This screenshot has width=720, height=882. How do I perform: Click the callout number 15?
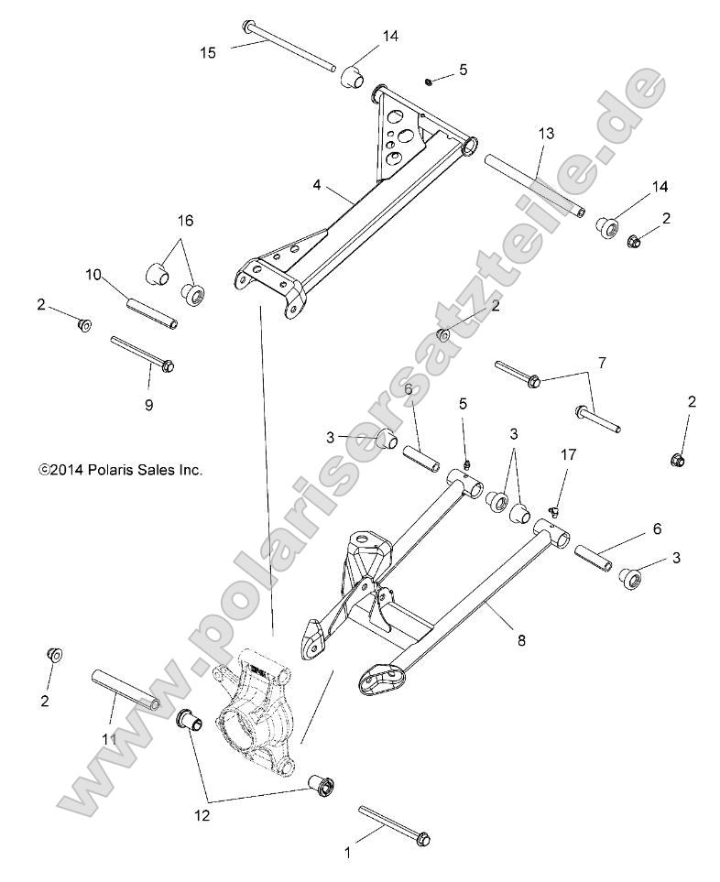click(x=208, y=52)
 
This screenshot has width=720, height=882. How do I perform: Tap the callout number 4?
click(x=316, y=184)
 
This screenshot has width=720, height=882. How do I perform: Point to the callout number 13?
click(x=546, y=134)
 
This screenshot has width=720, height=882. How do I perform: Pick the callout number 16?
click(x=185, y=221)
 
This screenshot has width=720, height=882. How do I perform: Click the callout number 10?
click(x=93, y=274)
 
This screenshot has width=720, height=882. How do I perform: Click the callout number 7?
click(x=627, y=364)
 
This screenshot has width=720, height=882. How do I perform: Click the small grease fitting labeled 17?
click(x=554, y=506)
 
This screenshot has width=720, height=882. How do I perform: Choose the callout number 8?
click(x=520, y=641)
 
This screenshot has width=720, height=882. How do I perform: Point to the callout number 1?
click(x=347, y=852)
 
